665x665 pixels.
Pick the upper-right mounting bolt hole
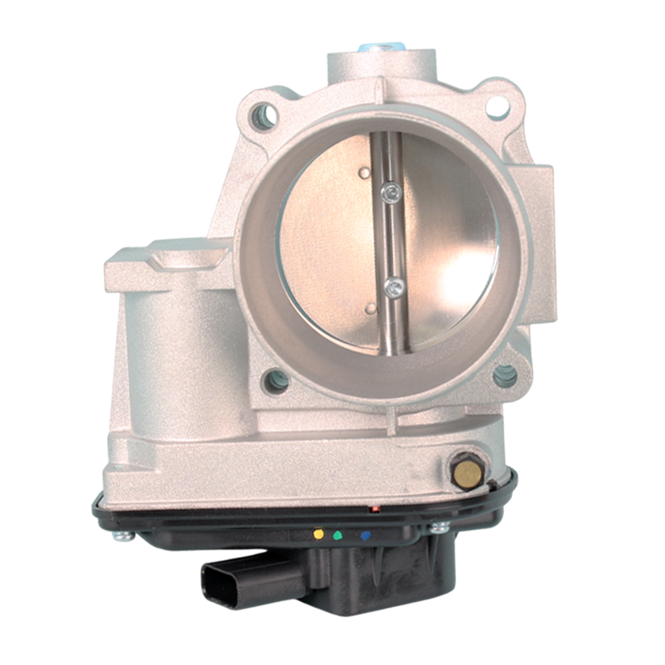point(497,105)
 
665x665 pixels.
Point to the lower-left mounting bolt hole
point(275,381)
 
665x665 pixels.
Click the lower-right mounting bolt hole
point(505,376)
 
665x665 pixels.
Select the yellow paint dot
point(318,534)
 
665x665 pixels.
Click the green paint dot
point(337,536)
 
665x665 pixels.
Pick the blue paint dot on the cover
point(366,536)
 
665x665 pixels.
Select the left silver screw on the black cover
point(121,536)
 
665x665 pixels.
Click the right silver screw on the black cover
point(439,528)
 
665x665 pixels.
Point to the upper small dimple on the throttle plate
point(364,173)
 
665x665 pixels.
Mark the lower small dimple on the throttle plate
point(370,307)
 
